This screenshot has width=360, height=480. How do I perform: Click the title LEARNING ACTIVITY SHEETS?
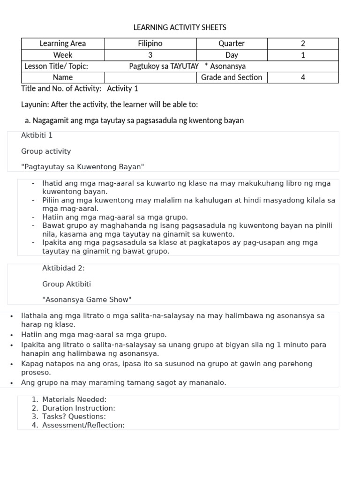click(180, 28)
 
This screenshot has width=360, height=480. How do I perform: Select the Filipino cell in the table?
click(150, 44)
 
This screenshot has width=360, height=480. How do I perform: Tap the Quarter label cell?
click(232, 44)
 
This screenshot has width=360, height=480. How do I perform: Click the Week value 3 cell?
click(150, 55)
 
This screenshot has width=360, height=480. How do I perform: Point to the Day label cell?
click(232, 55)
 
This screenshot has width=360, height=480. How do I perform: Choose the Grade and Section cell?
click(232, 77)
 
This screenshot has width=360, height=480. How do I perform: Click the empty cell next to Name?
click(150, 77)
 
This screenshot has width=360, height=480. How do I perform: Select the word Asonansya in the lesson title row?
click(228, 66)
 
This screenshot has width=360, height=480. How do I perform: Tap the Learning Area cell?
click(63, 44)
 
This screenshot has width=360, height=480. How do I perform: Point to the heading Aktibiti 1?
click(37, 135)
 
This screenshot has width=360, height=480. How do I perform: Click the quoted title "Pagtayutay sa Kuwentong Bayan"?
click(82, 166)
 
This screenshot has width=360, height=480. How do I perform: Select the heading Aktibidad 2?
click(63, 268)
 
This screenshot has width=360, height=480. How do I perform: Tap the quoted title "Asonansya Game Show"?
click(87, 299)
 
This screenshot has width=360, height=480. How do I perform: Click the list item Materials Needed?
click(74, 399)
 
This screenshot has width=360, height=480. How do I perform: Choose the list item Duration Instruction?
click(78, 408)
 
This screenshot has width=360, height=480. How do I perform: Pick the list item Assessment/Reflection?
click(83, 425)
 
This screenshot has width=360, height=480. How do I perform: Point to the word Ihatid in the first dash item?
click(52, 183)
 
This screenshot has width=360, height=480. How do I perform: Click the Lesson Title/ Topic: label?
click(56, 66)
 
